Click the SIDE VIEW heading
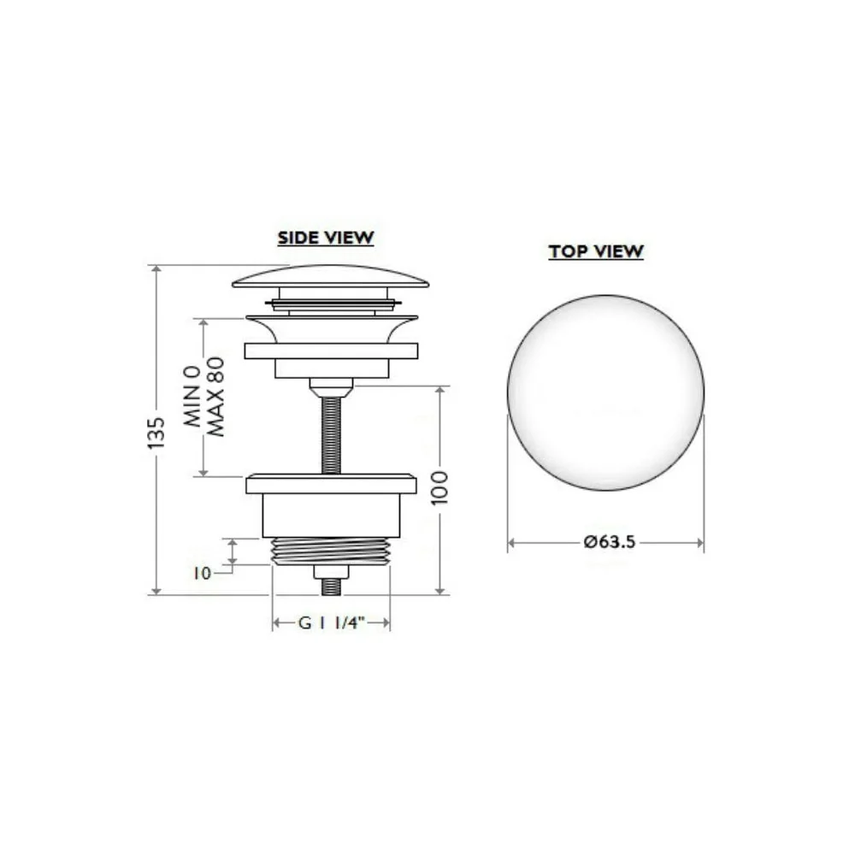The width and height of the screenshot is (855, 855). coord(326,238)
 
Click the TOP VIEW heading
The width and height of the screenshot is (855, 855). coord(596,251)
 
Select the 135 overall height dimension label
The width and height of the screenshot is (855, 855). coord(156,433)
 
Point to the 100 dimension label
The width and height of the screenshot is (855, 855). coord(439,488)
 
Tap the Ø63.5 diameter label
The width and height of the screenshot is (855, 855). coord(609,542)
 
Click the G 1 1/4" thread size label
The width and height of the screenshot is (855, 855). coord(330,622)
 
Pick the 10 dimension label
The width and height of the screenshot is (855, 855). coord(202,573)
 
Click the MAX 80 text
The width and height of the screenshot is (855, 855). coord(216,397)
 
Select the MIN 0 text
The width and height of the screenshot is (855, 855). coord(192,397)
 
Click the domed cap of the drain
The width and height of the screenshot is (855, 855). coord(330,276)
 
